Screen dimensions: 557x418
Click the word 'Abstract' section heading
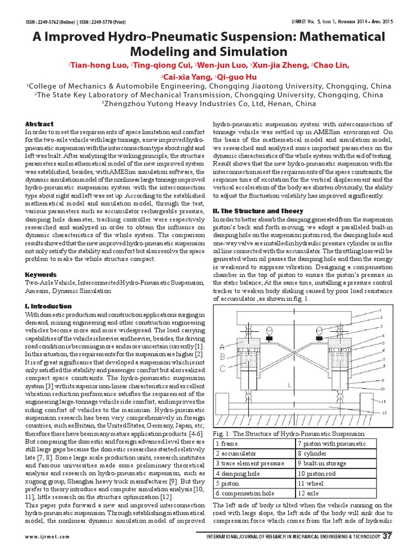39,124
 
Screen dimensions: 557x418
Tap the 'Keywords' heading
41,275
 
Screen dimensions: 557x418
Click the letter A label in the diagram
222,346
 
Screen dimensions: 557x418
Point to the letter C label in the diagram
222,368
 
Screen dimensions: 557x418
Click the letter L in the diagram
289,385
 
